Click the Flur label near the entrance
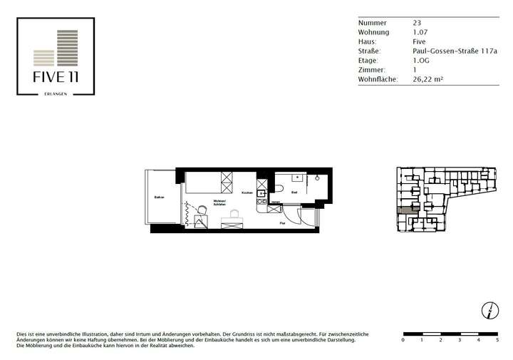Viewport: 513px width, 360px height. coord(282,222)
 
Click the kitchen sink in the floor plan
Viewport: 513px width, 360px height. coord(261,192)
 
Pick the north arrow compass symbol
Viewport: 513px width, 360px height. coord(491,309)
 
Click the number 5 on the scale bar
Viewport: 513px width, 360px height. coord(497,341)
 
